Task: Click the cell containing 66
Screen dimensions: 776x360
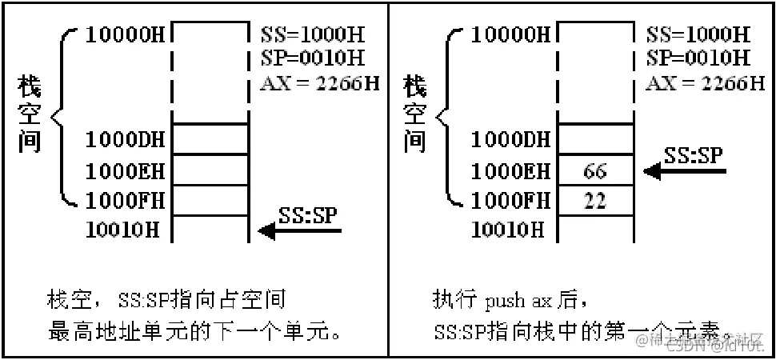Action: [595, 171]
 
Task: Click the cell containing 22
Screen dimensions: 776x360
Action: [595, 200]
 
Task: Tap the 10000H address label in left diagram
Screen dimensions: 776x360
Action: [126, 34]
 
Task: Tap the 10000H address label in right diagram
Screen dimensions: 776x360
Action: [510, 34]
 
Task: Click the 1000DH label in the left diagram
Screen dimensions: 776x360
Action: [126, 140]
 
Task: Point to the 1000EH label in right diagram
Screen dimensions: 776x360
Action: [510, 170]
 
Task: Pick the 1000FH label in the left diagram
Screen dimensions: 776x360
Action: [126, 200]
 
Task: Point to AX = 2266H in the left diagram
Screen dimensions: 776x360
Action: [320, 82]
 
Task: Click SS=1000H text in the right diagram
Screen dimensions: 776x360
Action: [698, 35]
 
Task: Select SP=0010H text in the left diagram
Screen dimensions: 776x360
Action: [313, 58]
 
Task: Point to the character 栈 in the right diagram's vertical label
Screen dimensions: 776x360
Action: [414, 85]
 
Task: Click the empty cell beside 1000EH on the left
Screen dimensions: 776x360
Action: [212, 170]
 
